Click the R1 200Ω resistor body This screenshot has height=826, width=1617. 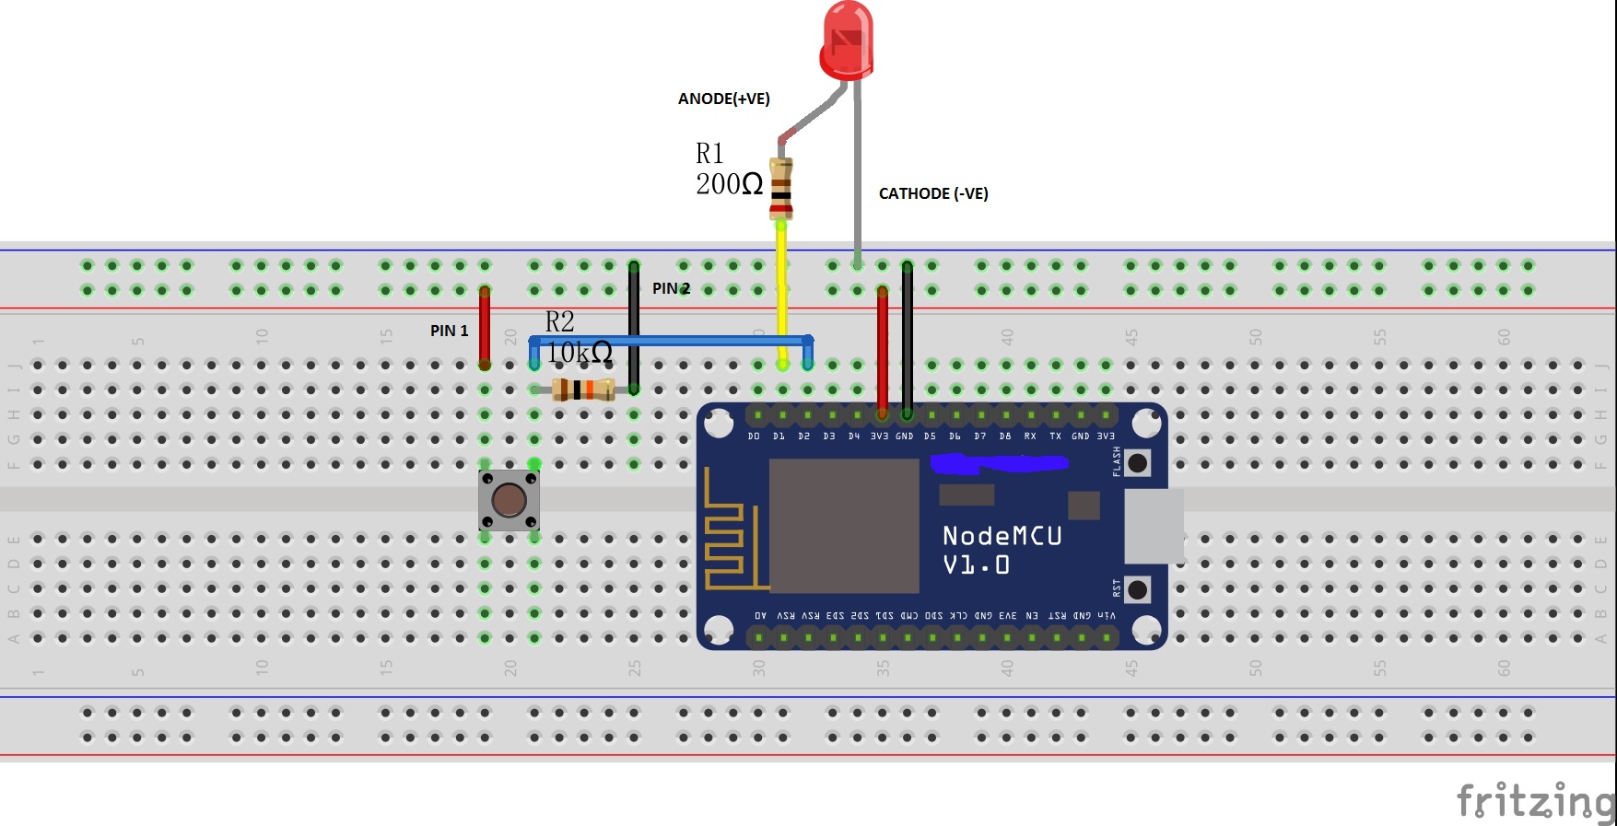[x=780, y=189]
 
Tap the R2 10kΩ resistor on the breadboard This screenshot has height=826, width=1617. [x=582, y=390]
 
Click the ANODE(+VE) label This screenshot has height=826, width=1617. [x=723, y=99]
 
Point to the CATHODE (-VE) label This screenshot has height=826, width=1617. [x=932, y=193]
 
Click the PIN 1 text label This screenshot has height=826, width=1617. [x=449, y=331]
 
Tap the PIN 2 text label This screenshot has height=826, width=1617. [x=671, y=288]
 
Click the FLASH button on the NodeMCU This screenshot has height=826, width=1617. [x=1138, y=462]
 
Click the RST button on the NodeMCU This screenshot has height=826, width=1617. [x=1138, y=589]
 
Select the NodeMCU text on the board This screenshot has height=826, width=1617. [x=1002, y=536]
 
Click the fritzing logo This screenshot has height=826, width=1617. [x=1534, y=799]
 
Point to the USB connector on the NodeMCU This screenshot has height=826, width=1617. [x=1154, y=526]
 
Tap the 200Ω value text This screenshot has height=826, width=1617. [x=729, y=184]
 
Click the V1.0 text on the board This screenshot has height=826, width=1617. [x=976, y=564]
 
